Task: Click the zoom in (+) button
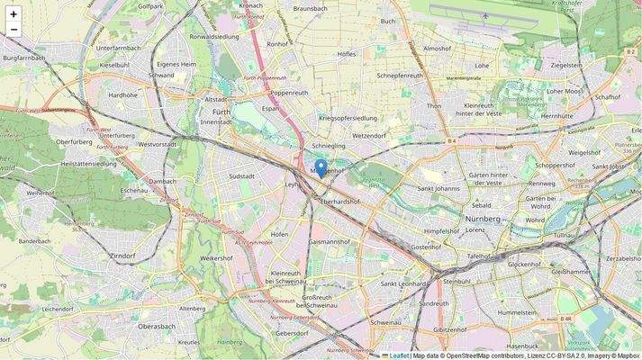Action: (14, 14)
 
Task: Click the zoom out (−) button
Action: (14, 30)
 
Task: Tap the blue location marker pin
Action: (321, 168)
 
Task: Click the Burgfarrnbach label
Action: (30, 58)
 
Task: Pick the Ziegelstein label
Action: (566, 65)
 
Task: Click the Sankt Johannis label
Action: (439, 188)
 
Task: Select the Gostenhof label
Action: (426, 247)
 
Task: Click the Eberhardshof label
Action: (340, 202)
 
